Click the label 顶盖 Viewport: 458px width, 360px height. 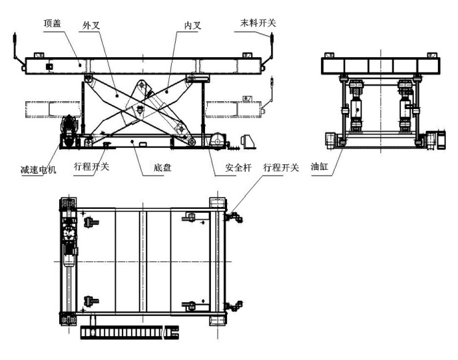[52, 23]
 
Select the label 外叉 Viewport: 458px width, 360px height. [91, 25]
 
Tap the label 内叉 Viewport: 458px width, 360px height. [193, 25]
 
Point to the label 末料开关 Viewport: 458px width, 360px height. [258, 23]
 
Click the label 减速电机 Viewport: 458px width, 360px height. [38, 170]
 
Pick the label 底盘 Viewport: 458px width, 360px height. [162, 168]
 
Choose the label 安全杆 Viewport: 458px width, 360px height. [238, 168]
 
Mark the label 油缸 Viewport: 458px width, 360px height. [320, 167]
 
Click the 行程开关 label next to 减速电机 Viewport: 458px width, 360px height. [91, 167]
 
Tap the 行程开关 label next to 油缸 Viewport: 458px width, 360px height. [281, 168]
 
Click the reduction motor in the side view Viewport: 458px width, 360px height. [69, 131]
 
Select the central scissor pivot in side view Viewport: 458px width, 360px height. [141, 110]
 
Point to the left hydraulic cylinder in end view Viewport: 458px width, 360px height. [355, 106]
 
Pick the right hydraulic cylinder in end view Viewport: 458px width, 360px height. [405, 106]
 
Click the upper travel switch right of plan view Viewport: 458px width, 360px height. [234, 218]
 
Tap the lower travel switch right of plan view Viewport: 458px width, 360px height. [234, 306]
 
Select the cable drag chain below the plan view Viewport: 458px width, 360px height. [130, 333]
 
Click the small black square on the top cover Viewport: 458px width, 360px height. [49, 67]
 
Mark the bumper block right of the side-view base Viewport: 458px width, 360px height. [248, 142]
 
